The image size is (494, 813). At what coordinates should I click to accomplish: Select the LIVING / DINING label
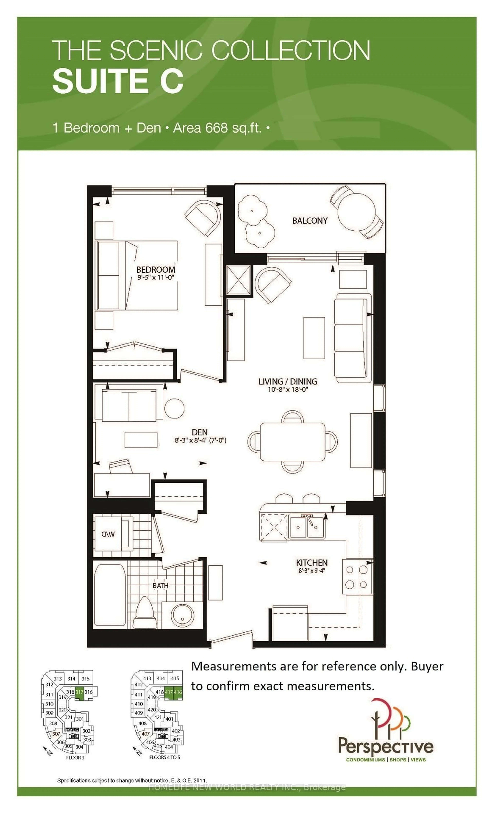coord(288,381)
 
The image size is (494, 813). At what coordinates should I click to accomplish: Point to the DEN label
coord(200,432)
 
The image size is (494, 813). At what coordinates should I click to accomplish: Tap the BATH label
coord(160,585)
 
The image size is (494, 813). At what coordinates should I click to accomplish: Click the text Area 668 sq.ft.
coord(217,128)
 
